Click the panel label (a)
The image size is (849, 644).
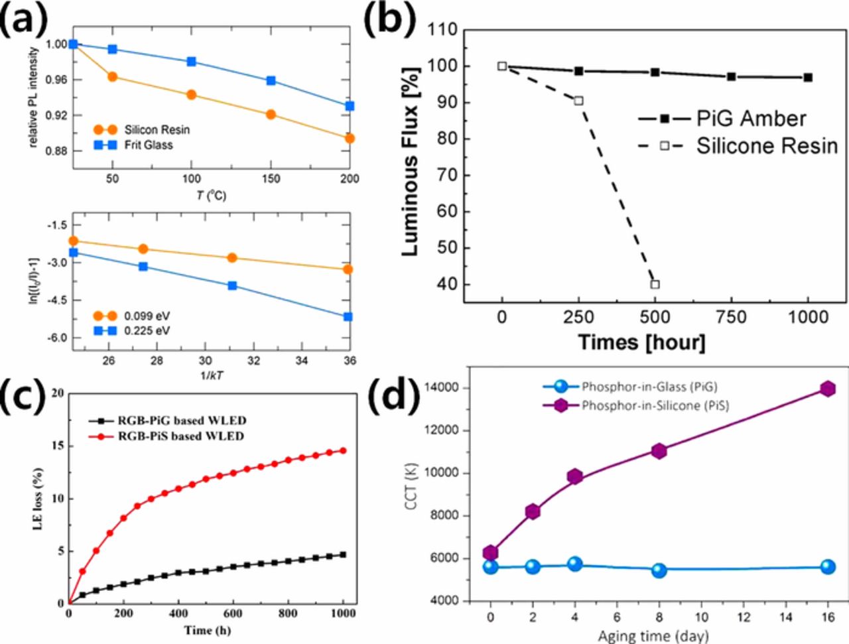pos(25,20)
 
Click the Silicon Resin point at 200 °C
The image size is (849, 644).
pos(350,139)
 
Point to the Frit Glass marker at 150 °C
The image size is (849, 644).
pos(271,81)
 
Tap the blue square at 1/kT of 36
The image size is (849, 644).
pos(349,317)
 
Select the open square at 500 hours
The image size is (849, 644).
pos(655,285)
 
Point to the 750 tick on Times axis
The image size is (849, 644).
pos(731,318)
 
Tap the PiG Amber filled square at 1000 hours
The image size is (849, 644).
pos(807,78)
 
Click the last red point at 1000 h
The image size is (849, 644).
pos(343,450)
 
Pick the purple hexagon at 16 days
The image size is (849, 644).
pos(827,389)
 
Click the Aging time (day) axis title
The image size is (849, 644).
pos(653,636)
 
